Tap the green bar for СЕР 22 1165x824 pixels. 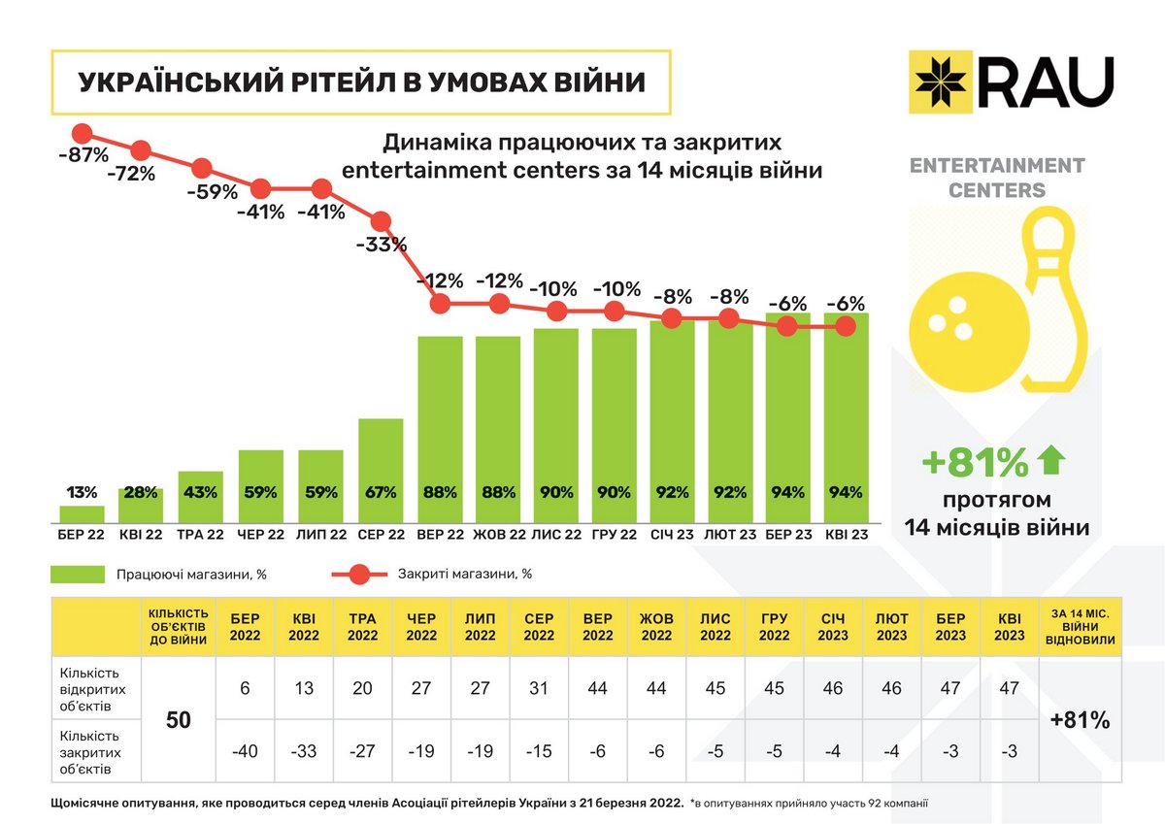click(x=381, y=471)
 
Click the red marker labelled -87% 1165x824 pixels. click(x=82, y=133)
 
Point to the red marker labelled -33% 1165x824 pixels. click(x=381, y=220)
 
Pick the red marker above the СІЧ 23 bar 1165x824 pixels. click(x=670, y=318)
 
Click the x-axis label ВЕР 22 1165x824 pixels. click(x=440, y=535)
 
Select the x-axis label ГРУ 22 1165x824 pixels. click(x=614, y=535)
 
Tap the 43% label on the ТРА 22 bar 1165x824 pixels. click(x=201, y=492)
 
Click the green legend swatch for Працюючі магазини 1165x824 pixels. click(x=77, y=575)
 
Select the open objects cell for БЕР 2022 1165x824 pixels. click(x=244, y=687)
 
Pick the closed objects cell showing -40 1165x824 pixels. click(x=244, y=750)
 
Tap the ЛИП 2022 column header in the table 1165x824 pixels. click(x=480, y=627)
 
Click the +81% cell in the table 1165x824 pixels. click(x=1080, y=721)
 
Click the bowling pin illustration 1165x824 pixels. click(x=1055, y=301)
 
